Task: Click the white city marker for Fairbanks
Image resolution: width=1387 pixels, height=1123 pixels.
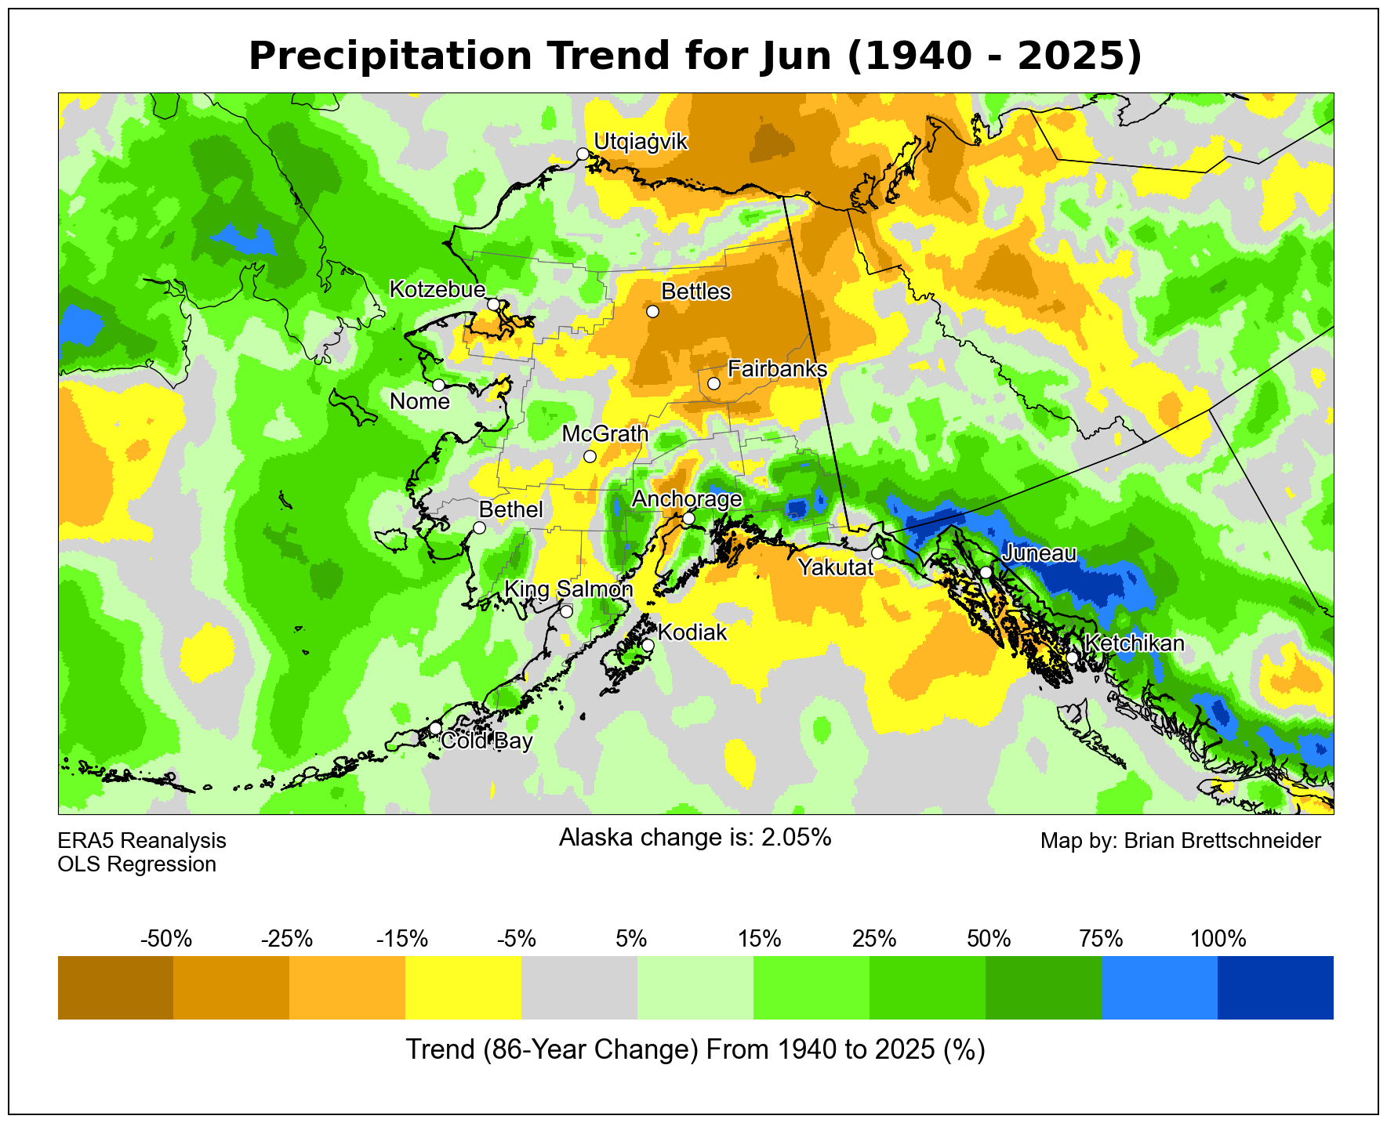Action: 713,383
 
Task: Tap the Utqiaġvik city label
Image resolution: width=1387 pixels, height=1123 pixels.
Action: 641,142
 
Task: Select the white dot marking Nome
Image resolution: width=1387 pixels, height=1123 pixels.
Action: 438,385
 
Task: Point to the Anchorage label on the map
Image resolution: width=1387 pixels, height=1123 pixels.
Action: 686,499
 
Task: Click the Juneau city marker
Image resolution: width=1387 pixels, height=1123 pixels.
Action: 986,572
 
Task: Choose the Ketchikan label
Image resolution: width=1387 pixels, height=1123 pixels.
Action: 1134,643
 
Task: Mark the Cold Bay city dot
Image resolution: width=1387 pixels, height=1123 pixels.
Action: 435,728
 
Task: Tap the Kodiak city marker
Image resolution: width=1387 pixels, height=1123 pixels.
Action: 648,645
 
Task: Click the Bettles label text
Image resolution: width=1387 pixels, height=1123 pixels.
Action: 695,292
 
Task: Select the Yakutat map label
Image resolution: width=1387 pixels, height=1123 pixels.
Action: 835,567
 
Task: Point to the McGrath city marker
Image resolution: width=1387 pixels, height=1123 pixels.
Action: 590,456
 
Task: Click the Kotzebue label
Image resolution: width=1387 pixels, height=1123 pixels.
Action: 438,290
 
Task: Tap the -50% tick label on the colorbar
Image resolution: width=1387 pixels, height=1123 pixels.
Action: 165,939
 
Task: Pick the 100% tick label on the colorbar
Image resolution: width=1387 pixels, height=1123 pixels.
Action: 1218,939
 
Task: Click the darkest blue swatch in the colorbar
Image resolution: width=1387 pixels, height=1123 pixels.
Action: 1275,987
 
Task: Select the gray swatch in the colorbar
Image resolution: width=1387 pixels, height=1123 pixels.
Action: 579,987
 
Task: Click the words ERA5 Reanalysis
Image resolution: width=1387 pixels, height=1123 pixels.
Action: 142,841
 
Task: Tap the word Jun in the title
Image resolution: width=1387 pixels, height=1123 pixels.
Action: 801,57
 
